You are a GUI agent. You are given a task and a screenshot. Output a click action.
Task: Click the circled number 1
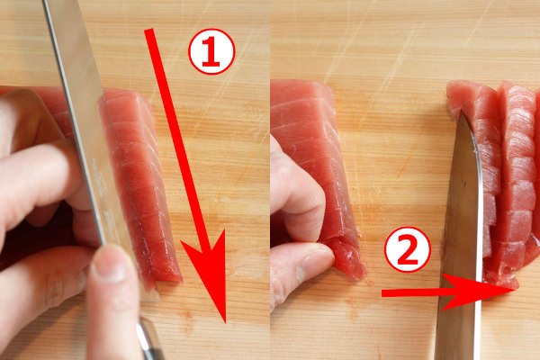tap(211, 53)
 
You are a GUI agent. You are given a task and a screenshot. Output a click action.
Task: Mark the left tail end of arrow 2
tap(384, 293)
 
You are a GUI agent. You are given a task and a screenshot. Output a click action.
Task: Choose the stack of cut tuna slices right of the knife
tap(504, 180)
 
